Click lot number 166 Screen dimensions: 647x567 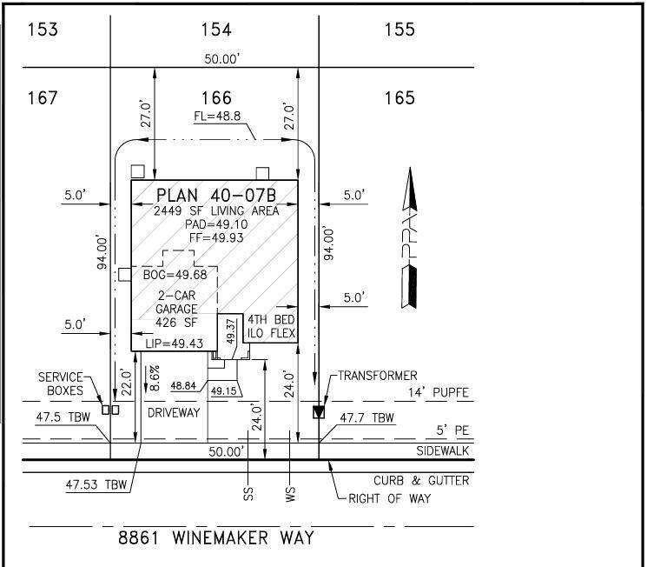[x=216, y=98]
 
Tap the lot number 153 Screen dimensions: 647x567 [x=43, y=30]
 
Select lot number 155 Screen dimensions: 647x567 [x=399, y=30]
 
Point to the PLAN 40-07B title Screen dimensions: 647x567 [x=216, y=195]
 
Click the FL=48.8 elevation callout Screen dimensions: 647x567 [x=217, y=117]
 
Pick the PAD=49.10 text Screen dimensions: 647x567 [x=216, y=224]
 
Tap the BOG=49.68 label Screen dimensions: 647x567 [x=175, y=275]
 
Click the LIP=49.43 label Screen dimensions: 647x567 [x=175, y=344]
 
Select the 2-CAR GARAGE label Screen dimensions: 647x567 [x=176, y=303]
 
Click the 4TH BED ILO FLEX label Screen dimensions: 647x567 [x=271, y=326]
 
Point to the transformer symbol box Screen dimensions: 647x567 [x=319, y=412]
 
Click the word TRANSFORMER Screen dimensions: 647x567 [x=378, y=376]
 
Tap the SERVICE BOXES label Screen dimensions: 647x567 [x=61, y=384]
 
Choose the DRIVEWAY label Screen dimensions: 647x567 [x=174, y=413]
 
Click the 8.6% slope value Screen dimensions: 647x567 [x=155, y=378]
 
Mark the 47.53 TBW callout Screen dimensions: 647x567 [x=96, y=484]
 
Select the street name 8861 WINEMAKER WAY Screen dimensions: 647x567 [x=216, y=538]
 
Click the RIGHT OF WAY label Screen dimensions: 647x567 [x=390, y=499]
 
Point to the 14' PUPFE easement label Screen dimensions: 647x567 [x=439, y=392]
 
